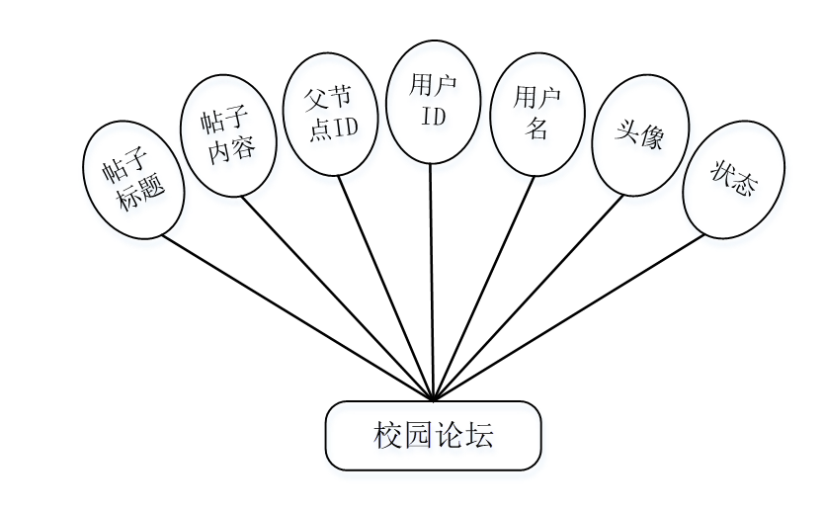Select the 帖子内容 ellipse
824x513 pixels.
coord(229,135)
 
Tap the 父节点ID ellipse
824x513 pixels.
coord(330,113)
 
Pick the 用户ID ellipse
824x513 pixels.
coord(434,101)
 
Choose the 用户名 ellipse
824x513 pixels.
coord(537,113)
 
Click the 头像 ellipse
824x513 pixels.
coord(639,135)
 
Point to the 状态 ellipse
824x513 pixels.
coord(733,179)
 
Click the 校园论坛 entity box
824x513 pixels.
coord(434,436)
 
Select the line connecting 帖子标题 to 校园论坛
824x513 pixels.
coord(296,317)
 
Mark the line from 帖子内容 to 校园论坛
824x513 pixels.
coord(336,297)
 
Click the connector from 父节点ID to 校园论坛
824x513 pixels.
coord(385,287)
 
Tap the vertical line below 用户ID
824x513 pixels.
coord(433,282)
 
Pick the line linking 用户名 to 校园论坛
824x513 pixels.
coord(484,287)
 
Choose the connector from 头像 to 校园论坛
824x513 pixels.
coord(529,297)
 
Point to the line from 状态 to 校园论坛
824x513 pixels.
coord(568,317)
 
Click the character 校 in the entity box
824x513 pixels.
coord(386,436)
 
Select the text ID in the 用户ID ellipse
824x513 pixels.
coord(434,116)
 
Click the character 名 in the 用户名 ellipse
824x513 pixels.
coord(537,128)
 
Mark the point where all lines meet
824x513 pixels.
coord(434,400)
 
